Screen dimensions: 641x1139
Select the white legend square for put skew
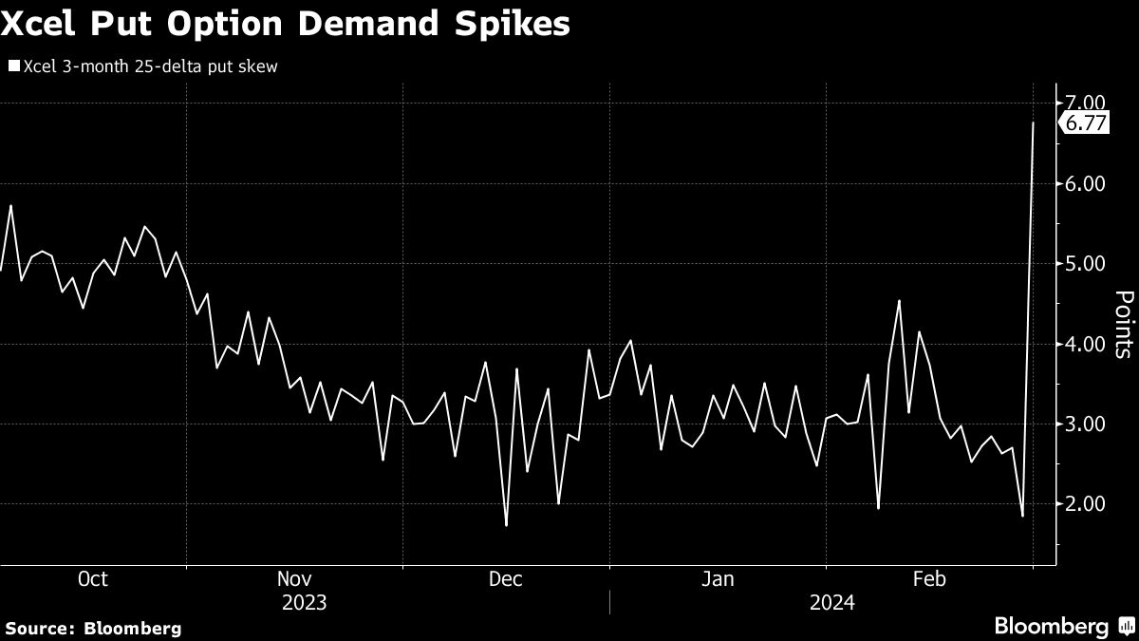tap(13, 66)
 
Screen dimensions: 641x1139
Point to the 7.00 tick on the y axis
tap(1086, 103)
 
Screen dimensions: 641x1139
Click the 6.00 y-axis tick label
tap(1086, 183)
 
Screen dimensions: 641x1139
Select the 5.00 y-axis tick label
tap(1086, 263)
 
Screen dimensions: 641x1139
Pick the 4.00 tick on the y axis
tap(1086, 344)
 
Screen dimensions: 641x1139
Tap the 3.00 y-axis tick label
tap(1086, 424)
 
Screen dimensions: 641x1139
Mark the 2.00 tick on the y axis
tap(1086, 504)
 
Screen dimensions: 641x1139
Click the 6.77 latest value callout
tap(1086, 123)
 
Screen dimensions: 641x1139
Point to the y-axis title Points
tap(1122, 324)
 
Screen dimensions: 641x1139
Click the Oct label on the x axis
tap(92, 579)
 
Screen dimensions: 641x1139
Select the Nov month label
tap(294, 579)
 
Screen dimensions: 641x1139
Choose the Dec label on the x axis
tap(505, 579)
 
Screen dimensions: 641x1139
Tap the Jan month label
tap(718, 579)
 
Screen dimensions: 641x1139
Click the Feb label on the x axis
tap(928, 579)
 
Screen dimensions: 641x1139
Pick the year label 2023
tap(305, 603)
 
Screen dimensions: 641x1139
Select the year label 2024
tap(832, 603)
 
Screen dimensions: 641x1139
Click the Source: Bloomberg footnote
tap(92, 628)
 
